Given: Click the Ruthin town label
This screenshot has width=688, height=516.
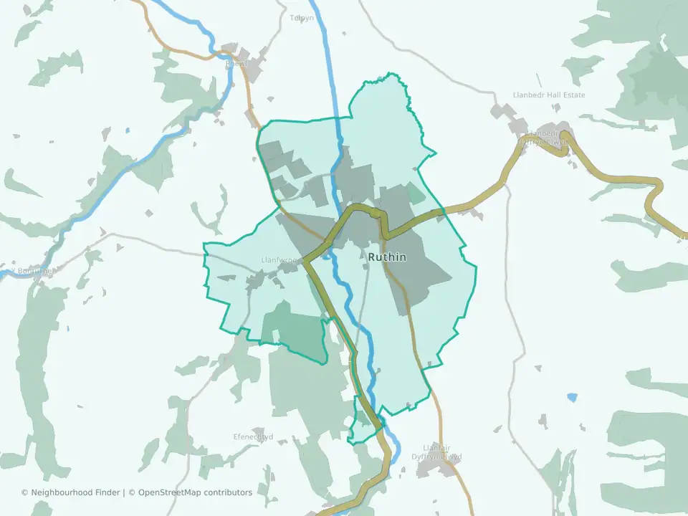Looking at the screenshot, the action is coord(387,257).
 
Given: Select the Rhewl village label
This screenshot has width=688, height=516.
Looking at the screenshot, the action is coord(236,64).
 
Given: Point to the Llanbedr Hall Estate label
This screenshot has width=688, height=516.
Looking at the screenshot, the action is coord(549,95).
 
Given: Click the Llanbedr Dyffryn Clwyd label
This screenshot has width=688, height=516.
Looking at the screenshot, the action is coord(547,138).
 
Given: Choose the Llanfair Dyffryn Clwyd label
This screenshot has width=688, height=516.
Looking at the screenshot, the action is coord(442,451).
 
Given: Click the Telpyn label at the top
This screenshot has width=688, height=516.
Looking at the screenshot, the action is coord(302,18).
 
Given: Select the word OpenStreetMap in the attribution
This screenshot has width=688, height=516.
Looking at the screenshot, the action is coord(170,492).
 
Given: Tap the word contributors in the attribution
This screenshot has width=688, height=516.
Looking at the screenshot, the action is coord(228,492).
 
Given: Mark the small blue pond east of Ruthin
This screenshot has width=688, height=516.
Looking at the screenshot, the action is coord(571,396).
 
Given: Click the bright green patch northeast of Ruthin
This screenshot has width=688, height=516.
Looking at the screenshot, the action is coord(414,193).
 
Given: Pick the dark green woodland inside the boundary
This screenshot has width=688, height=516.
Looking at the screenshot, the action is coord(294,330).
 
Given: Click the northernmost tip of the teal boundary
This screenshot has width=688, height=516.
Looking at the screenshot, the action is coord(389,73).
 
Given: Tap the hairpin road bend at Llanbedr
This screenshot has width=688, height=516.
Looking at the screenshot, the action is coord(566,135).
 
